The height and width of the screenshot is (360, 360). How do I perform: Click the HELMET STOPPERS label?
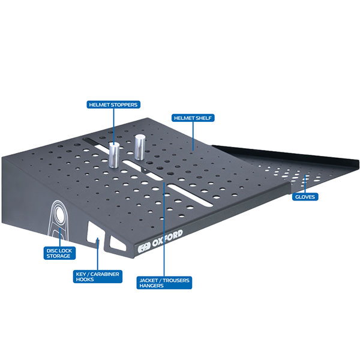click(113, 104)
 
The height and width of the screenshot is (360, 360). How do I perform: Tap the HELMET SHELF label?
click(193, 118)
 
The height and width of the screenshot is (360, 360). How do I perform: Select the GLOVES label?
click(305, 197)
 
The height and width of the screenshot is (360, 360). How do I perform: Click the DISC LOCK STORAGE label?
click(59, 253)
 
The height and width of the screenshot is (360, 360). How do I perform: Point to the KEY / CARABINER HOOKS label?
click(98, 277)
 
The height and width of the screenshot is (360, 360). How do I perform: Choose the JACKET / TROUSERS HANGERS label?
click(164, 283)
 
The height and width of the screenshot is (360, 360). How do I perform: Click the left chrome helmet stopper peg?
click(114, 155)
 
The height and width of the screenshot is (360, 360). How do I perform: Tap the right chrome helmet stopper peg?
click(140, 147)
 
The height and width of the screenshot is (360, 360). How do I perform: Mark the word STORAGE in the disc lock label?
click(58, 256)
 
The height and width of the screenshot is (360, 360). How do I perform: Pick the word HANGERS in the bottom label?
click(151, 286)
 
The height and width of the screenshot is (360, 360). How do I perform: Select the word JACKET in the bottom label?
click(149, 280)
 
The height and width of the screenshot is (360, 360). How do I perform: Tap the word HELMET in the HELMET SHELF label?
click(184, 118)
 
